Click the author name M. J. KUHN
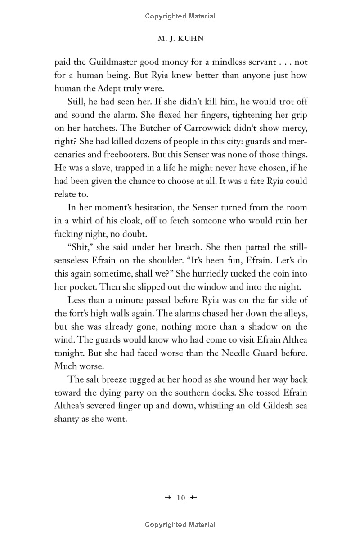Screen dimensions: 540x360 tap(180, 39)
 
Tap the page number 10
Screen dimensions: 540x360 tap(180, 497)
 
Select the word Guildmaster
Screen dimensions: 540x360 tap(107, 62)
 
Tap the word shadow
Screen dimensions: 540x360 tap(277, 326)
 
